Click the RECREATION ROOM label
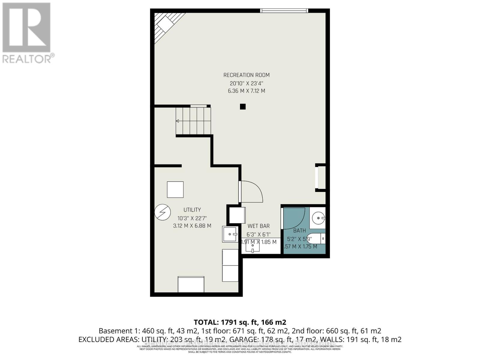tap(246, 75)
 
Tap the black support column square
tap(243, 106)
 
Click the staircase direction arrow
tap(178, 121)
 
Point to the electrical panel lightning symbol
tap(162, 212)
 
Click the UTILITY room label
tap(192, 210)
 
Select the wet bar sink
tap(253, 246)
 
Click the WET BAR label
tap(258, 226)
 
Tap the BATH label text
tap(299, 231)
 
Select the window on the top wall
tap(284, 11)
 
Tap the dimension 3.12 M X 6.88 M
tap(192, 226)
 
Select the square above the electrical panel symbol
tap(175, 190)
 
